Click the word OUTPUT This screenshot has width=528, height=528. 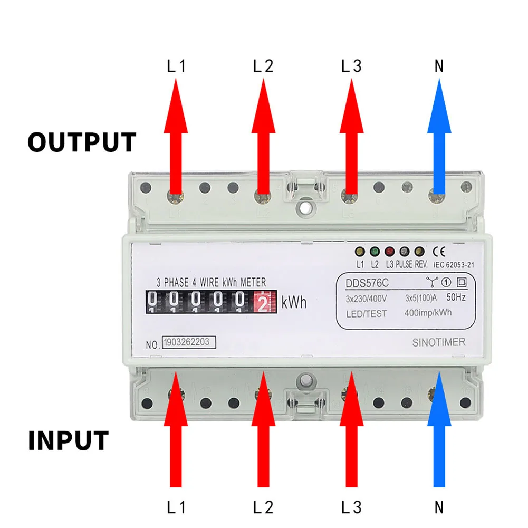pos(82,142)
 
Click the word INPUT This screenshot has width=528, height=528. pos(68,441)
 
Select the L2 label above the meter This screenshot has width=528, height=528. pos(263,67)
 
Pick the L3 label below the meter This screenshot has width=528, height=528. pos(351,508)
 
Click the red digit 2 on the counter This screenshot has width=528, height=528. pos(263,303)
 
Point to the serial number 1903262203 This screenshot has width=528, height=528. pos(189,342)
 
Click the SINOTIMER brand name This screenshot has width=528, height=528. pos(438,343)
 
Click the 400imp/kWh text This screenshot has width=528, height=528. pos(428,313)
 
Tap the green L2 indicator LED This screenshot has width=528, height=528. pos(375,252)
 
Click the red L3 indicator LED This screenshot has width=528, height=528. pos(390,252)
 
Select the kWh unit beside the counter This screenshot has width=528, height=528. pos(294,303)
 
